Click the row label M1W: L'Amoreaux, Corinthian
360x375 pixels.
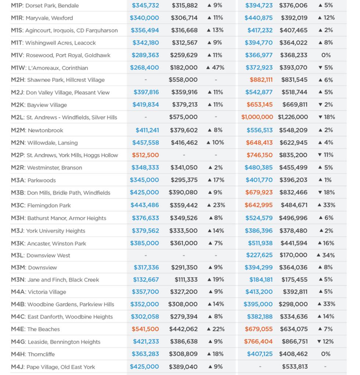click(50, 68)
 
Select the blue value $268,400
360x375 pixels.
click(144, 68)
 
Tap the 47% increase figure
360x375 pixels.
click(215, 68)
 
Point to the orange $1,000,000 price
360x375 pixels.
click(257, 117)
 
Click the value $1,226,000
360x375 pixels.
click(293, 117)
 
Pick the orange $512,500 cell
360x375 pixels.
click(145, 155)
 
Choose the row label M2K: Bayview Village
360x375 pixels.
click(39, 105)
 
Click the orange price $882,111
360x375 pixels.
click(261, 80)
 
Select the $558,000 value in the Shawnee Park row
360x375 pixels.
click(183, 80)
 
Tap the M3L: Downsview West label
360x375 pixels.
click(41, 255)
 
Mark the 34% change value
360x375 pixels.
click(325, 255)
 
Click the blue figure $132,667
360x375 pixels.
click(146, 280)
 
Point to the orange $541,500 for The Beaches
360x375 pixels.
click(145, 329)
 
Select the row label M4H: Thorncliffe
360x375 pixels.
click(33, 354)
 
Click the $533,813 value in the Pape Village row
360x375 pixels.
click(295, 367)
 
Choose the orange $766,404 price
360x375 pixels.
click(258, 342)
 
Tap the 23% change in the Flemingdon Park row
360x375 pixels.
click(216, 205)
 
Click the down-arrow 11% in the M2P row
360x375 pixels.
click(325, 155)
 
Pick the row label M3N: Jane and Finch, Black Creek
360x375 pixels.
click(55, 280)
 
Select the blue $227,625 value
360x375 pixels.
click(259, 255)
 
